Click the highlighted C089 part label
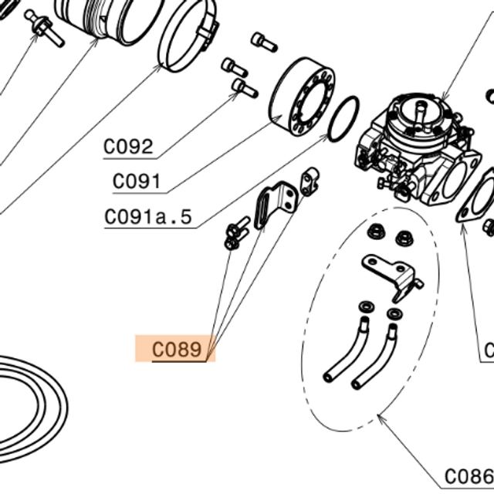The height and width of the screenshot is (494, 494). coord(177,350)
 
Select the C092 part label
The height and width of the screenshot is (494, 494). coord(128,147)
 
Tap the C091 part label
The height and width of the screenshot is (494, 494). coord(137,181)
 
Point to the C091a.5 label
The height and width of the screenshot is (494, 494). coord(148,217)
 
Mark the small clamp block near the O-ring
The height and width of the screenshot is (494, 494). coord(310,181)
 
